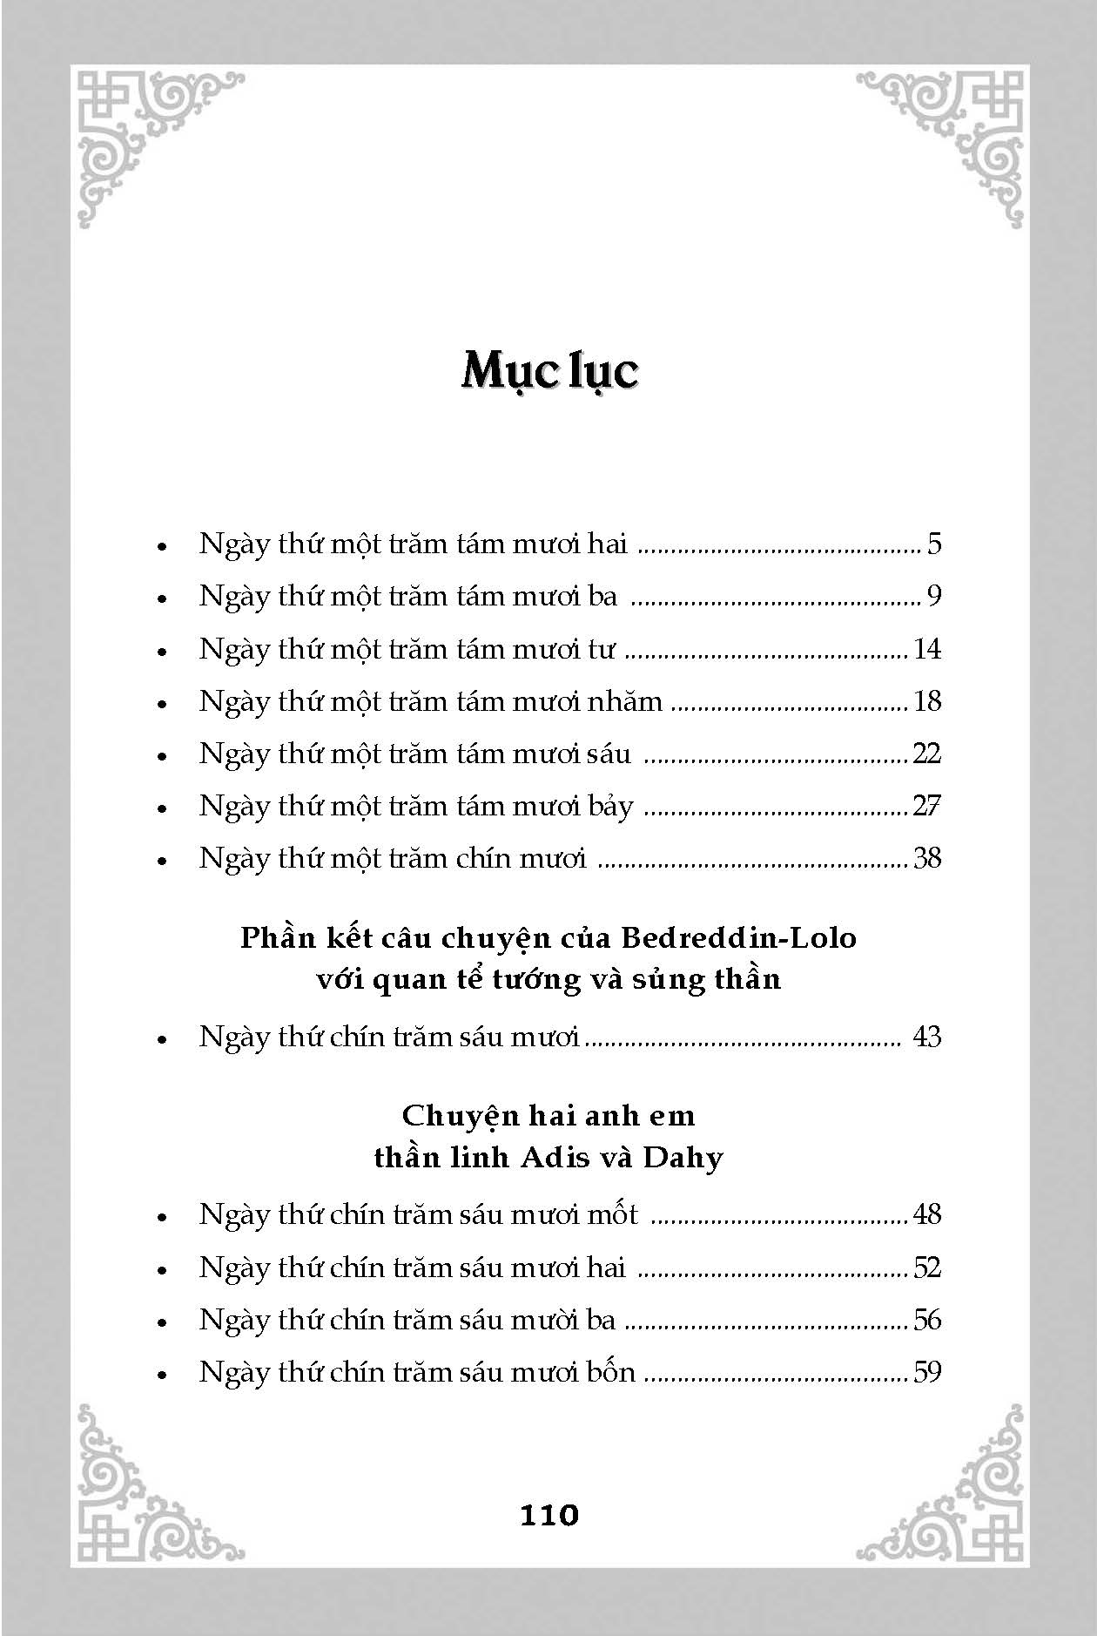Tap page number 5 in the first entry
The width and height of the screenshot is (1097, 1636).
click(934, 544)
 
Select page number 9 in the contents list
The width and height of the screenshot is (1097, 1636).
click(934, 597)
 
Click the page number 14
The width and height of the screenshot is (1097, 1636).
click(927, 649)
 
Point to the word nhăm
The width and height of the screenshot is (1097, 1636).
click(624, 701)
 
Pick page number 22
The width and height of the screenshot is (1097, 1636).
click(927, 754)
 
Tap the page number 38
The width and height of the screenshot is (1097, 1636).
click(927, 859)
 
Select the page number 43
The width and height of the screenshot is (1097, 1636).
click(927, 1038)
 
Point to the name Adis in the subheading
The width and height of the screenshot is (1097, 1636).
click(551, 1158)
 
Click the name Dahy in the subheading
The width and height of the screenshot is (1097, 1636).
click(683, 1158)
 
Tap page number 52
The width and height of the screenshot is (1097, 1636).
click(927, 1268)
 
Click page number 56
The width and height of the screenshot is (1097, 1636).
click(927, 1320)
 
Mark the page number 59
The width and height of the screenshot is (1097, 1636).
click(927, 1373)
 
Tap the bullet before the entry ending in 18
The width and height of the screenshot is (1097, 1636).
click(161, 704)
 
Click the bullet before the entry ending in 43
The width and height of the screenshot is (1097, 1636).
click(161, 1040)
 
